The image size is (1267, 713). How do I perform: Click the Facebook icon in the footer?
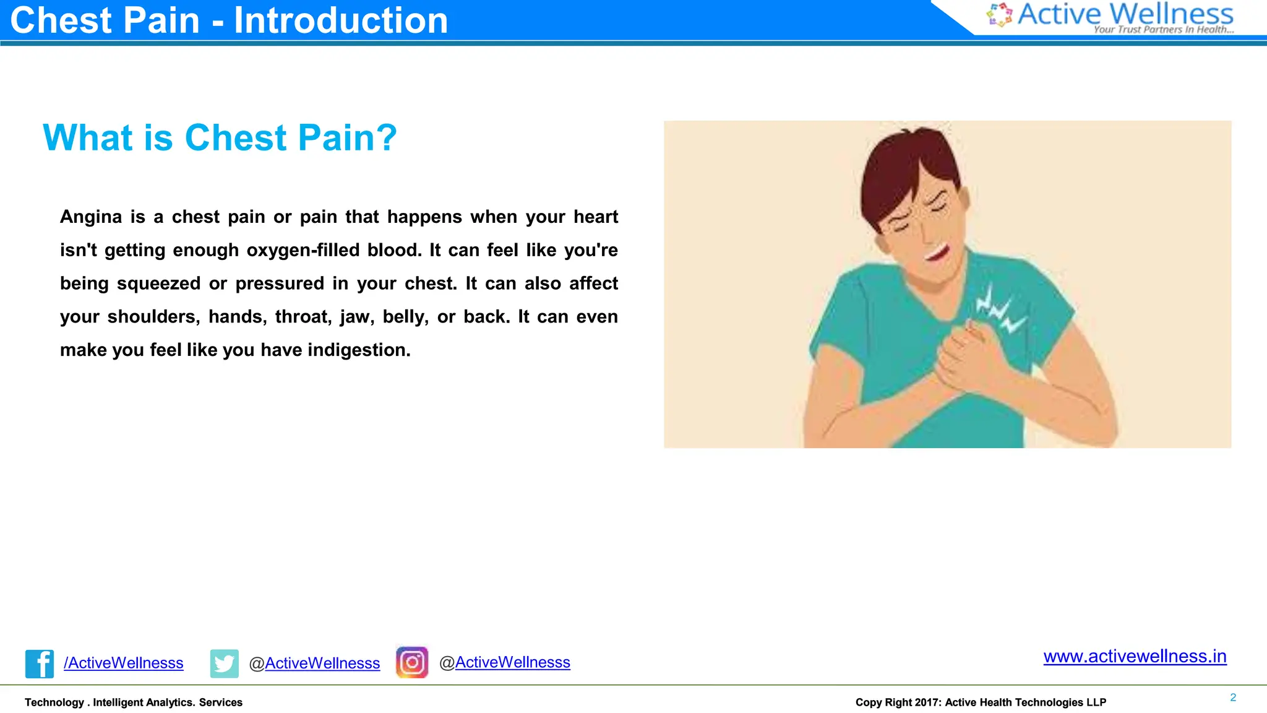pyautogui.click(x=39, y=663)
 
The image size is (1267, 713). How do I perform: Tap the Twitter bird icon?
pyautogui.click(x=224, y=663)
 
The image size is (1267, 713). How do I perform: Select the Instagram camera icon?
pyautogui.click(x=412, y=662)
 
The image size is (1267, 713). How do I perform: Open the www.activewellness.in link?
pyautogui.click(x=1134, y=656)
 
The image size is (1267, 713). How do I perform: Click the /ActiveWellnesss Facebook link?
pyautogui.click(x=123, y=663)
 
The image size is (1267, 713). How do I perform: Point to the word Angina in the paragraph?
pyautogui.click(x=91, y=217)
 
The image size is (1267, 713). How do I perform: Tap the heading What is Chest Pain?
pyautogui.click(x=220, y=137)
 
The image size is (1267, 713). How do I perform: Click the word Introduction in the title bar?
pyautogui.click(x=340, y=20)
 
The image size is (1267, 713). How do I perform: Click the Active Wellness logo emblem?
pyautogui.click(x=999, y=15)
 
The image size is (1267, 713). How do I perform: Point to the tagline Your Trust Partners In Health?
pyautogui.click(x=1163, y=29)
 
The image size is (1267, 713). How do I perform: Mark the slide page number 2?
pyautogui.click(x=1232, y=698)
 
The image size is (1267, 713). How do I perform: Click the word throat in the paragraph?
pyautogui.click(x=303, y=317)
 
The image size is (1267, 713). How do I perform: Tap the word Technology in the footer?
pyautogui.click(x=54, y=702)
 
